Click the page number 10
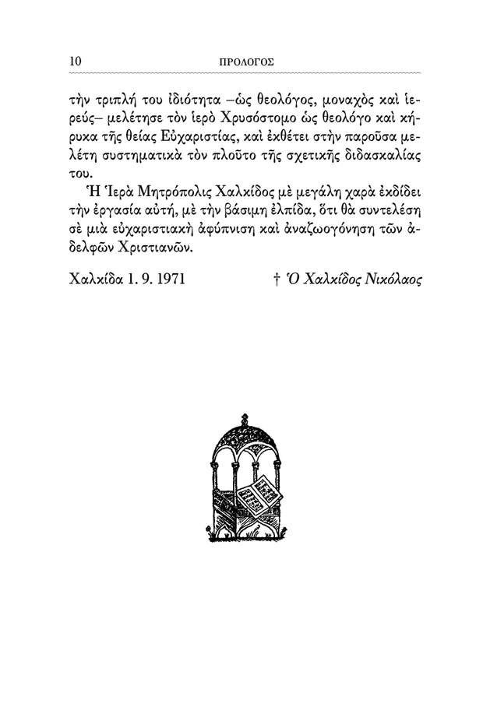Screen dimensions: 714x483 (76, 60)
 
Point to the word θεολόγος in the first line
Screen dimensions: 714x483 (269, 96)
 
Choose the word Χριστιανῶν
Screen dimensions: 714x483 (153, 251)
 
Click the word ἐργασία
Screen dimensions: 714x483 (123, 212)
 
